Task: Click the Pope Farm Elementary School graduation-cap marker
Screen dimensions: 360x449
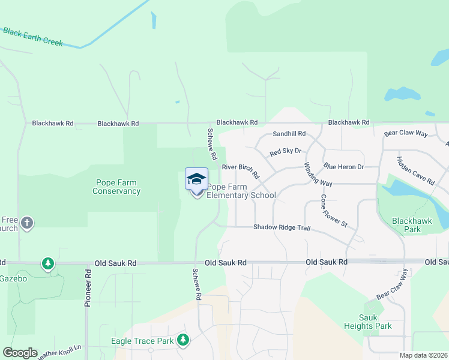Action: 196,179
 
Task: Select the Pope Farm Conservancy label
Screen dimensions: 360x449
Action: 117,187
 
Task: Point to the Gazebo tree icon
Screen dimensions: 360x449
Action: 47,263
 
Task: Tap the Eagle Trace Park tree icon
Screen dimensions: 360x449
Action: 182,341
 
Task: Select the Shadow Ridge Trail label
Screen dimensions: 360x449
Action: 281,227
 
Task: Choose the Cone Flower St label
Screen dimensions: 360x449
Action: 334,211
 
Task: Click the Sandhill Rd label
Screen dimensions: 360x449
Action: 289,133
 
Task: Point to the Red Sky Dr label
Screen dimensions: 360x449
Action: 285,152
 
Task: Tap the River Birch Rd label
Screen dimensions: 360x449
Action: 240,171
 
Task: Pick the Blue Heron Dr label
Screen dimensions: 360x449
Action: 343,166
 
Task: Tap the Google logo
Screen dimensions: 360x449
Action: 20,353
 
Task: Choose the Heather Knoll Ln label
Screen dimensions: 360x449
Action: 60,353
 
